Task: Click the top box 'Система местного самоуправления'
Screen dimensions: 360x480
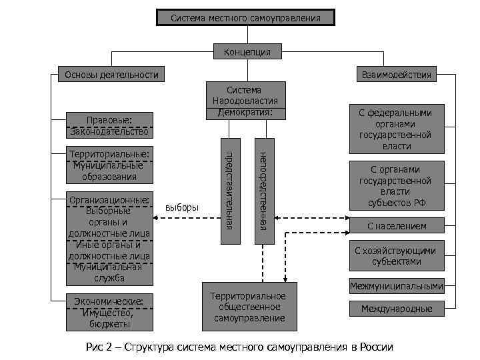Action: tap(245, 17)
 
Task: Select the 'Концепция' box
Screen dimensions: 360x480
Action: tap(247, 51)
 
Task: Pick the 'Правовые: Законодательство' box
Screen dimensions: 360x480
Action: tap(111, 126)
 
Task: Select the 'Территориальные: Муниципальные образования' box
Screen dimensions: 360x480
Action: tap(111, 165)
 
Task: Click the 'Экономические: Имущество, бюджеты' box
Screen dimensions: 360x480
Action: tap(111, 313)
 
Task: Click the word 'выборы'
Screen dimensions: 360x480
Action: tap(182, 207)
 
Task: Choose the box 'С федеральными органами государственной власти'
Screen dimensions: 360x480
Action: tap(397, 129)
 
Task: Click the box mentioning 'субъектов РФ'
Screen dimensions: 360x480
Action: tap(397, 186)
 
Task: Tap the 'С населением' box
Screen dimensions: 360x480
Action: tap(397, 226)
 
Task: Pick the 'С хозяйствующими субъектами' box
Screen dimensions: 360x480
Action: tap(397, 256)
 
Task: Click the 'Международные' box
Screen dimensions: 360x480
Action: tap(397, 309)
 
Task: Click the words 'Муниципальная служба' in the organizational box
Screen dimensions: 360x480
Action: tap(111, 273)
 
